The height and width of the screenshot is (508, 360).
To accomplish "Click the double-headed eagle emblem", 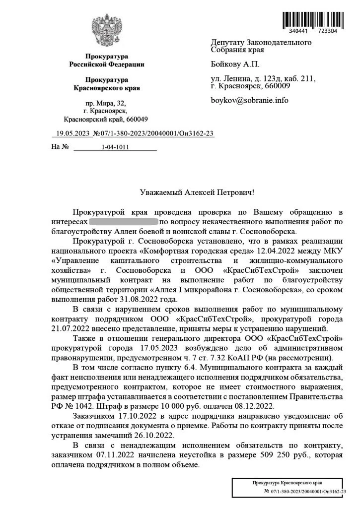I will pyautogui.click(x=106, y=31).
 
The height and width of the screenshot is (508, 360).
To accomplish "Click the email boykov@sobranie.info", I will pyautogui.click(x=249, y=100).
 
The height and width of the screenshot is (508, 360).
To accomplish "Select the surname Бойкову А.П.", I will pyautogui.click(x=235, y=64).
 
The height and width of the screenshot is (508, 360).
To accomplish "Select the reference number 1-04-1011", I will pyautogui.click(x=115, y=147).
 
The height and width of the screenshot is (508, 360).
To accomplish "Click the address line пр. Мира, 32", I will pyautogui.click(x=106, y=103).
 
